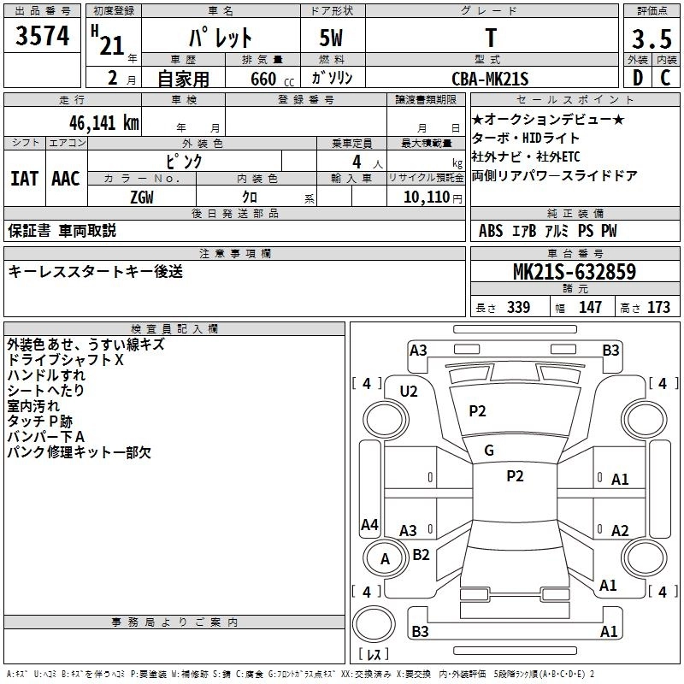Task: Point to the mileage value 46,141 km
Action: (97, 122)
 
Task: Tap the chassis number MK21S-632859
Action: (574, 272)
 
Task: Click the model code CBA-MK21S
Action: (490, 79)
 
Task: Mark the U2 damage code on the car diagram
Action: (409, 392)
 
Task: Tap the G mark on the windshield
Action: (489, 451)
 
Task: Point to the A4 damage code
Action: (369, 524)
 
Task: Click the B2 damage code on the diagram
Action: (421, 555)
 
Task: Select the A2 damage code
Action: (620, 530)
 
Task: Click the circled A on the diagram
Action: (385, 559)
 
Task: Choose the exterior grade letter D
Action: (637, 78)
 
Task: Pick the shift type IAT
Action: (24, 178)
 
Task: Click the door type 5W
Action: (334, 38)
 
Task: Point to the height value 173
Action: (659, 308)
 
